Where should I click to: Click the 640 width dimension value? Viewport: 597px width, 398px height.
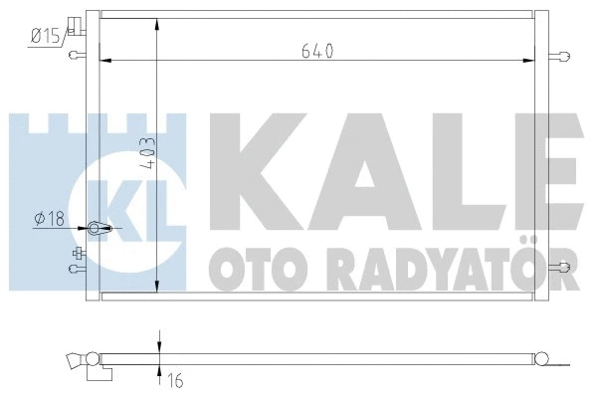[318, 49]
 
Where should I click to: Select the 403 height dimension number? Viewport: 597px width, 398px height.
[146, 160]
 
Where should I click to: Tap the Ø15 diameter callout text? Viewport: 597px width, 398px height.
[47, 37]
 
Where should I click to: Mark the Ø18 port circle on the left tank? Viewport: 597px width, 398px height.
[97, 229]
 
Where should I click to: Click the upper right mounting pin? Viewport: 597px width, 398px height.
[564, 56]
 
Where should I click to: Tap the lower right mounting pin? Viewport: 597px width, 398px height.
[564, 266]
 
